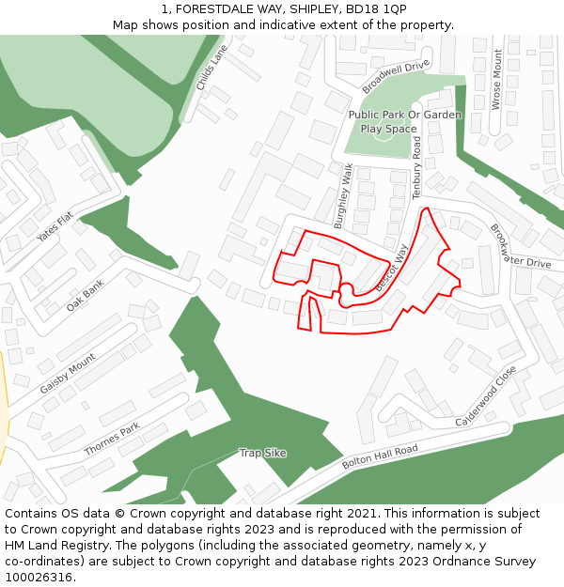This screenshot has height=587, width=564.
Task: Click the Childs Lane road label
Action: pos(212,68)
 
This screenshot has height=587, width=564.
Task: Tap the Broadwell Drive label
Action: pos(396,76)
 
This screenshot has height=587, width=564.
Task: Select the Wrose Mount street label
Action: pos(497,80)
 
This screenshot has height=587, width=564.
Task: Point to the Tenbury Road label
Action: pos(416,167)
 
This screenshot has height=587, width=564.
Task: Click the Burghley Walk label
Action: pos(344,195)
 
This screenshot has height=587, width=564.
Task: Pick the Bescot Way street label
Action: pos(391,270)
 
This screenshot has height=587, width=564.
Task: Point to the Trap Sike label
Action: pos(262,453)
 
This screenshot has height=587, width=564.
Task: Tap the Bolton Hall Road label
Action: pos(380,457)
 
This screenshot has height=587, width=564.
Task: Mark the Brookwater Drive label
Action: pos(516,251)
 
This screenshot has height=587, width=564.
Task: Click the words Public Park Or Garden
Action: pos(404,115)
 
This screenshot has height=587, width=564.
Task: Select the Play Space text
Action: pos(388,129)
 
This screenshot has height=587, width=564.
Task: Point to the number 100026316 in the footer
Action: pos(39,578)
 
